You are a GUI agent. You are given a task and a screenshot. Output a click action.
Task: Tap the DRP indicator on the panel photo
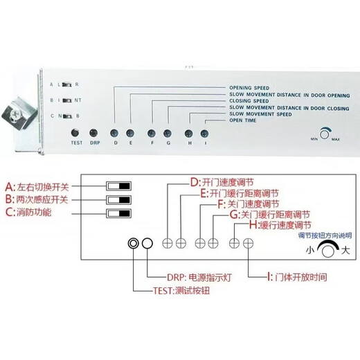(x=96, y=132)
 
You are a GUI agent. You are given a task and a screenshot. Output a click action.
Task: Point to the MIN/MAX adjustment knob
(x=325, y=134)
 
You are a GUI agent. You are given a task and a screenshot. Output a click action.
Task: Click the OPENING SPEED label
(x=249, y=88)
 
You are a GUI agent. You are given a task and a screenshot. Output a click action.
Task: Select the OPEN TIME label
(x=242, y=120)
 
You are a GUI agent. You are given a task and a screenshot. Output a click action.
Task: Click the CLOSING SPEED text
(x=249, y=101)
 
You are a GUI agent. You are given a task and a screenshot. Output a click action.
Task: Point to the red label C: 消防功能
(x=30, y=213)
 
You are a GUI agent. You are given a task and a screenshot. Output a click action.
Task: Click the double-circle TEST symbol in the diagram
(x=133, y=244)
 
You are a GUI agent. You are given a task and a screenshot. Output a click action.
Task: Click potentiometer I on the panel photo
(x=204, y=132)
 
